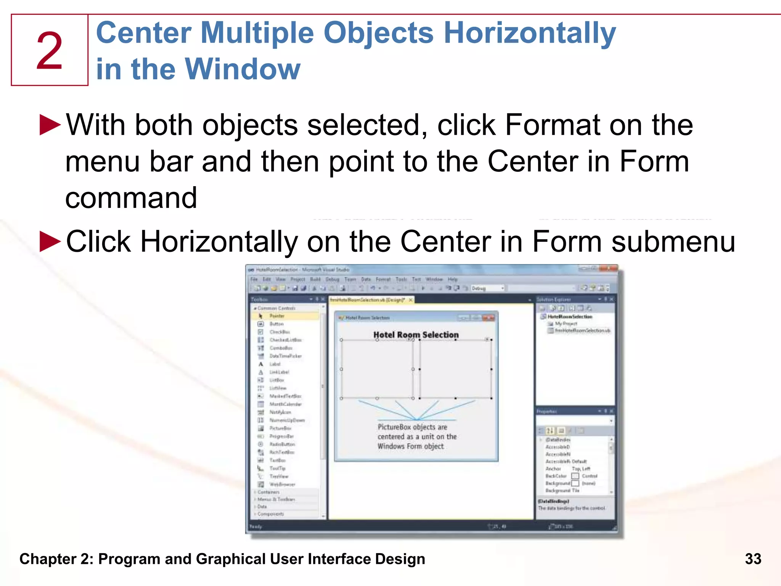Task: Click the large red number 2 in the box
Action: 49,51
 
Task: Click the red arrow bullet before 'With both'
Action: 50,125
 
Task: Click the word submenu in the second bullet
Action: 673,241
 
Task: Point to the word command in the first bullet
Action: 131,198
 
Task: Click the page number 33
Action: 753,559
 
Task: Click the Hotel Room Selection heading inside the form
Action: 416,335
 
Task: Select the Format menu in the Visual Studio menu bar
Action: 383,279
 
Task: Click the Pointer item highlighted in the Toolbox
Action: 277,316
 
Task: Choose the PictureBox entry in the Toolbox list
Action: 280,428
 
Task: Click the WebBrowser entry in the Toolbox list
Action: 282,484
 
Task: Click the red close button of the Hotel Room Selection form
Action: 488,317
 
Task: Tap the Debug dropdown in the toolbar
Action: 487,288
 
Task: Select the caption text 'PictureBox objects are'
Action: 412,427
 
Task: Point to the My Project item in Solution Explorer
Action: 566,324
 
